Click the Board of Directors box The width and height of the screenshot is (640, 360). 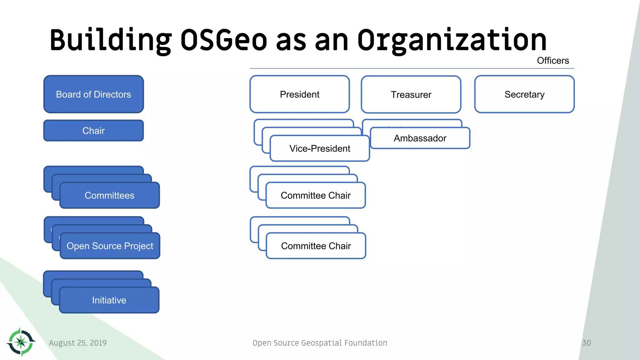(93, 94)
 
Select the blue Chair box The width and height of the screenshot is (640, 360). (93, 131)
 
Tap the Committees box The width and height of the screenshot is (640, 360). (109, 195)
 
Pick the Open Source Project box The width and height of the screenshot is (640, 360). (110, 246)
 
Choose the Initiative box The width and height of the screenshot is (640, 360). (109, 300)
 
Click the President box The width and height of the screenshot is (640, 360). (299, 94)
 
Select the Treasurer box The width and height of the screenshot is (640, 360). (411, 94)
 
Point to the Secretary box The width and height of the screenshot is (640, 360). (524, 94)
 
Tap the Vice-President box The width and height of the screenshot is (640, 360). (320, 148)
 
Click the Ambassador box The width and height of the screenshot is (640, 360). (420, 138)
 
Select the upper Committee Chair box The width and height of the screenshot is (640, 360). (316, 195)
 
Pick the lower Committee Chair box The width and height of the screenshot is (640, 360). (316, 246)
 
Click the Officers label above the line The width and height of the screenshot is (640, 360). (552, 61)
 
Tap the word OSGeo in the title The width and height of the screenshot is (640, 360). (223, 40)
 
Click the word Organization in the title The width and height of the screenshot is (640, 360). (452, 40)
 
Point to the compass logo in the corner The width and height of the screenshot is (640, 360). (21, 342)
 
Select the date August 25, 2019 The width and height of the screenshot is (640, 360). (78, 343)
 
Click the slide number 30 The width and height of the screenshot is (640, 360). (586, 343)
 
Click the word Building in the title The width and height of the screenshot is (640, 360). (111, 40)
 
